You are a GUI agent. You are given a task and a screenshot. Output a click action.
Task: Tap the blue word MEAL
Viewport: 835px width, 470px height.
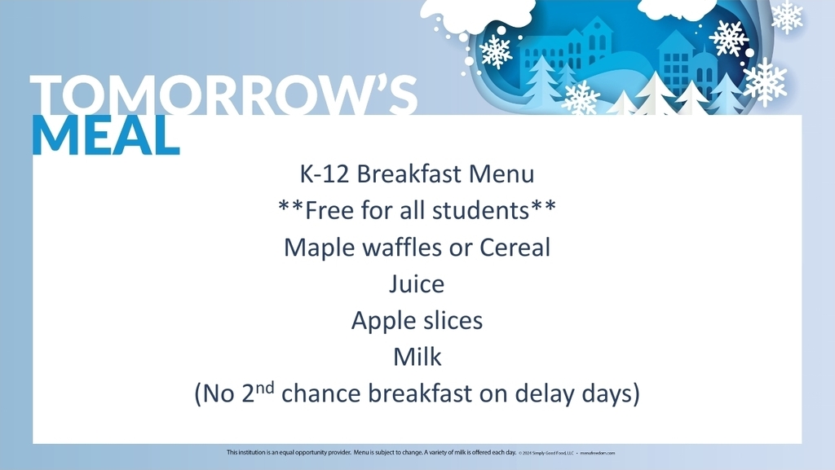coord(106,135)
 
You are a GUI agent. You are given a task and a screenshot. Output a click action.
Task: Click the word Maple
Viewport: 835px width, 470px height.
coord(319,248)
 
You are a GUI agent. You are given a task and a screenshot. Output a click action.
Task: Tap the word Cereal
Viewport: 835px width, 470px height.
coord(513,247)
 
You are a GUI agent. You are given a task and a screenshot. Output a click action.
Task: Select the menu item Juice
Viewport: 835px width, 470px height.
coord(417,284)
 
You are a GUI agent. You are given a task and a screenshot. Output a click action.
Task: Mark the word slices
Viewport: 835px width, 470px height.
coord(451,320)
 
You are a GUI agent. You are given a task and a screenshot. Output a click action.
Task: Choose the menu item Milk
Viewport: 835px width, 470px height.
coord(417,357)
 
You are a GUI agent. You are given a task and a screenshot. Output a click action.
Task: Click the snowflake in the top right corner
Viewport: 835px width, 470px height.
coord(787,16)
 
